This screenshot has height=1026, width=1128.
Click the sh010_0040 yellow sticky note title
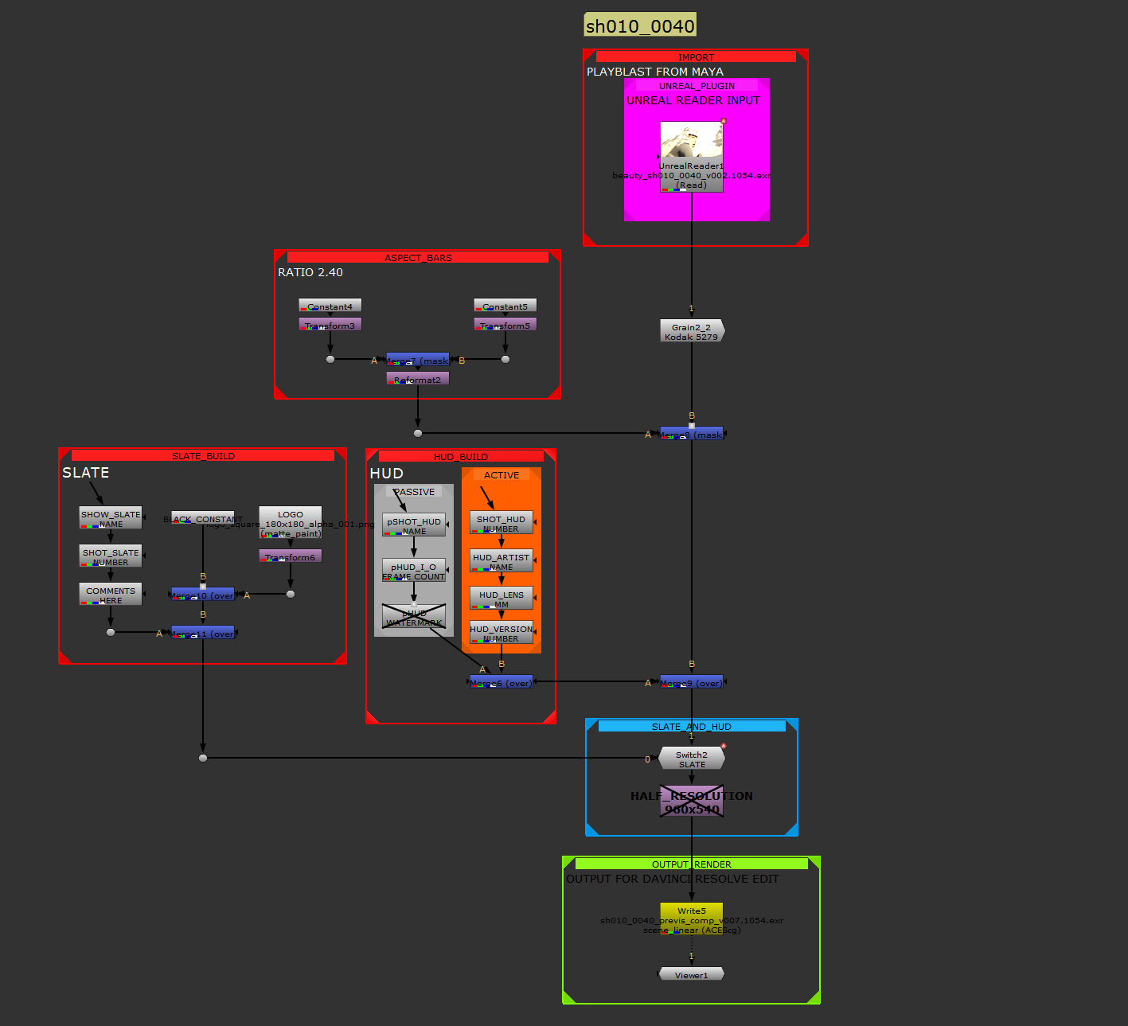[640, 25]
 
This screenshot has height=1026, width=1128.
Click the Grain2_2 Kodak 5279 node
[692, 331]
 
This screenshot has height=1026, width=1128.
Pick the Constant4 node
[330, 306]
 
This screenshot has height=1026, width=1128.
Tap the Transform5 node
[505, 325]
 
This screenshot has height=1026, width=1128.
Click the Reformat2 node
[417, 379]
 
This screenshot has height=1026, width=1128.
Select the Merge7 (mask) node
[417, 360]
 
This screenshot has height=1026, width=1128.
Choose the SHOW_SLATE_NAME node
[111, 518]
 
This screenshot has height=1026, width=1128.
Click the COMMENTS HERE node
[111, 595]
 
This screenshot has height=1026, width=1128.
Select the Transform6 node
[290, 556]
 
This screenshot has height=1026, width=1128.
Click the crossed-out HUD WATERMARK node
[413, 617]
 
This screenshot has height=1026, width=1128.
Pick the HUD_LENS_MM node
[501, 599]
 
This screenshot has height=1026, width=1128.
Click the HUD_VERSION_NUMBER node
[501, 633]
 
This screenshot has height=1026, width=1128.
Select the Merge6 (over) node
[501, 682]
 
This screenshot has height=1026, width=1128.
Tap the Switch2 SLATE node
[692, 759]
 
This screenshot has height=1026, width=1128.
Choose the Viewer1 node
[691, 974]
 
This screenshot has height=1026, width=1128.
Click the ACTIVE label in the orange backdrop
[502, 475]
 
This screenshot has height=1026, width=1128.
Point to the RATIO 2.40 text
[310, 272]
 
